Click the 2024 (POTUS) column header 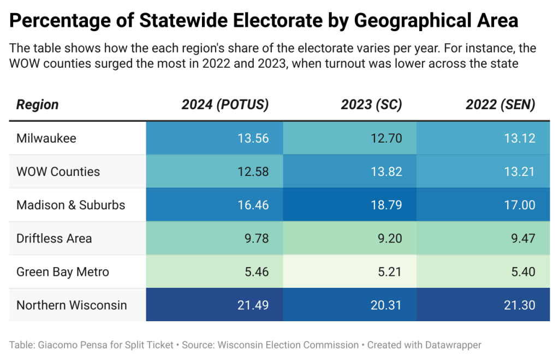[x=225, y=105]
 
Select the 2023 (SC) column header [x=371, y=105]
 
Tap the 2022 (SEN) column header [x=500, y=105]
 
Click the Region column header [x=37, y=105]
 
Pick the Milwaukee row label [x=46, y=138]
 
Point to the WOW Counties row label [x=58, y=172]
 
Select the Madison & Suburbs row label [x=71, y=205]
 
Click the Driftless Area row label [x=54, y=239]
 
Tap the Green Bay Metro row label [x=63, y=272]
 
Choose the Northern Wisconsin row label [x=72, y=305]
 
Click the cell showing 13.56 [x=253, y=138]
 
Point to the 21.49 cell [x=253, y=305]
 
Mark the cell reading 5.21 [x=389, y=272]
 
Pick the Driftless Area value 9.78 [x=256, y=239]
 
